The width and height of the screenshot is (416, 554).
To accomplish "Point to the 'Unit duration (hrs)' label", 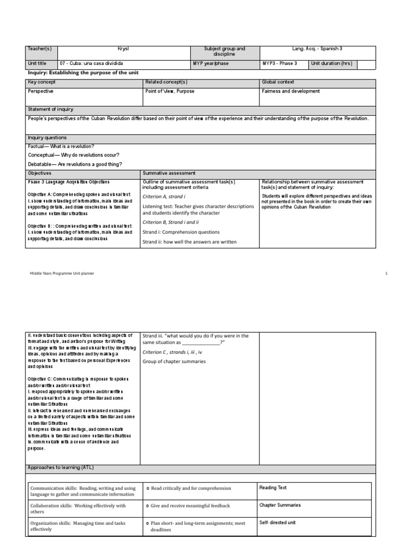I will [x=331, y=63].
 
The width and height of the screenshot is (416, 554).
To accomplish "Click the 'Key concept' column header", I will [x=42, y=82].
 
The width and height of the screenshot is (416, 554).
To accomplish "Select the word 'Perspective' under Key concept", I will [x=41, y=91].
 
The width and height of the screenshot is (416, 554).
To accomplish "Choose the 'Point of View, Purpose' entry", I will [x=170, y=91].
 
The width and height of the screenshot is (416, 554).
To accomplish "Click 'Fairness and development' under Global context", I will [x=290, y=91].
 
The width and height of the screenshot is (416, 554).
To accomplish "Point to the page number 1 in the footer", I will [x=387, y=274].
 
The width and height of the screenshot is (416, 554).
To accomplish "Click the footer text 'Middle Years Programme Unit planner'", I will [x=62, y=274].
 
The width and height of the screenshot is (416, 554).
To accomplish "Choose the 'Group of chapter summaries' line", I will [x=174, y=361].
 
